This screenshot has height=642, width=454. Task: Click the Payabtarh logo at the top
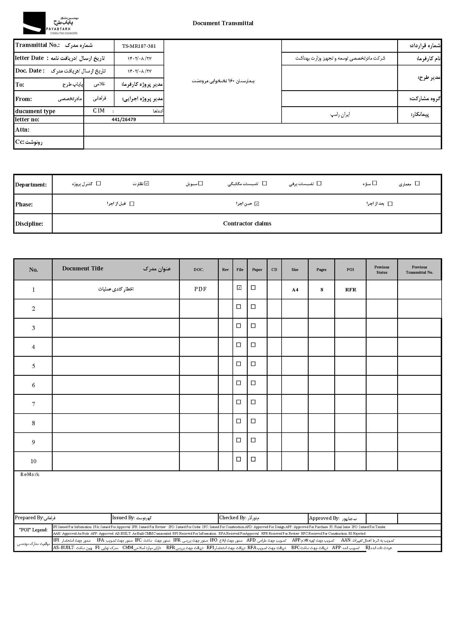point(50,23)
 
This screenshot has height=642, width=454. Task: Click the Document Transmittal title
point(223,23)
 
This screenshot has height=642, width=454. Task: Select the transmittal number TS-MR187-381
point(139,46)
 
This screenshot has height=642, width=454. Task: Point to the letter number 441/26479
point(124,119)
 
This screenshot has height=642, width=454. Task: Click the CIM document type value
point(99,111)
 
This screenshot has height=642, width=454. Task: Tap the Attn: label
point(22,129)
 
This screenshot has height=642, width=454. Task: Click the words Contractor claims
point(247,223)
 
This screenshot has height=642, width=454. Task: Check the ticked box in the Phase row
point(257,204)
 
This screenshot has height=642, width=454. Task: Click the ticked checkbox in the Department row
point(147,183)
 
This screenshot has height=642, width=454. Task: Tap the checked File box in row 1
point(239,287)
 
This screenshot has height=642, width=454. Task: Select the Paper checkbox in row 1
point(253,287)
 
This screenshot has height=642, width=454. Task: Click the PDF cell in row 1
point(200,289)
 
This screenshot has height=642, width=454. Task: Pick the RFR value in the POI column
point(351,290)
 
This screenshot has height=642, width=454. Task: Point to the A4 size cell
point(295,290)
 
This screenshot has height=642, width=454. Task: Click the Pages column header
point(321,270)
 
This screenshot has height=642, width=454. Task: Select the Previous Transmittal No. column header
point(419,270)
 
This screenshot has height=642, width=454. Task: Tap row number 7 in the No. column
point(33,404)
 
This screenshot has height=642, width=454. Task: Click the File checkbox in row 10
point(239,459)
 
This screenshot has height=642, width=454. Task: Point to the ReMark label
point(30,475)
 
